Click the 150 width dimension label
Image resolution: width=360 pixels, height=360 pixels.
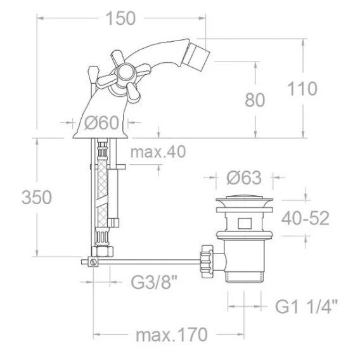[121, 18]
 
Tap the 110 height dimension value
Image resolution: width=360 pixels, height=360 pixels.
[302, 89]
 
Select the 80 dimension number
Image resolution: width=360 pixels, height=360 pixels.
[255, 100]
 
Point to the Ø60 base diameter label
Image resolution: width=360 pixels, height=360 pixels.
[101, 122]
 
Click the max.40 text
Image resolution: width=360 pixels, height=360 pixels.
[158, 151]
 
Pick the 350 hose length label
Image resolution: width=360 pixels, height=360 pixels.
[37, 197]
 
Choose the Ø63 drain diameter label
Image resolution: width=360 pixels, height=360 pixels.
[244, 177]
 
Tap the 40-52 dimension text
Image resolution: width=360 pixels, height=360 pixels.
[305, 218]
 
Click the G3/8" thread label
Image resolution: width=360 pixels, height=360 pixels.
[154, 282]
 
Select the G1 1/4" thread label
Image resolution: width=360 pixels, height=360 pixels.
[307, 306]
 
